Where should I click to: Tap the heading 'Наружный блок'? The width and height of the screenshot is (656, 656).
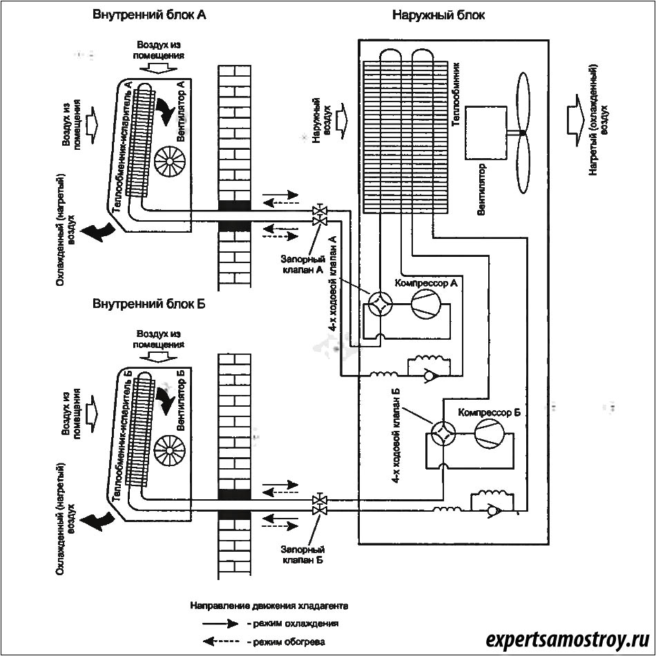[x=438, y=15]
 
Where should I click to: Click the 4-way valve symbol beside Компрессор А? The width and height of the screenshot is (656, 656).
[x=378, y=304]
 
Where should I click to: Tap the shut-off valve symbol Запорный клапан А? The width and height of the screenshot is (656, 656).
[x=319, y=215]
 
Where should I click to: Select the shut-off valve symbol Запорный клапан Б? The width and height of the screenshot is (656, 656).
[x=319, y=504]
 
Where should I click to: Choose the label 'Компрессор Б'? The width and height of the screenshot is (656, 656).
[x=489, y=412]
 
